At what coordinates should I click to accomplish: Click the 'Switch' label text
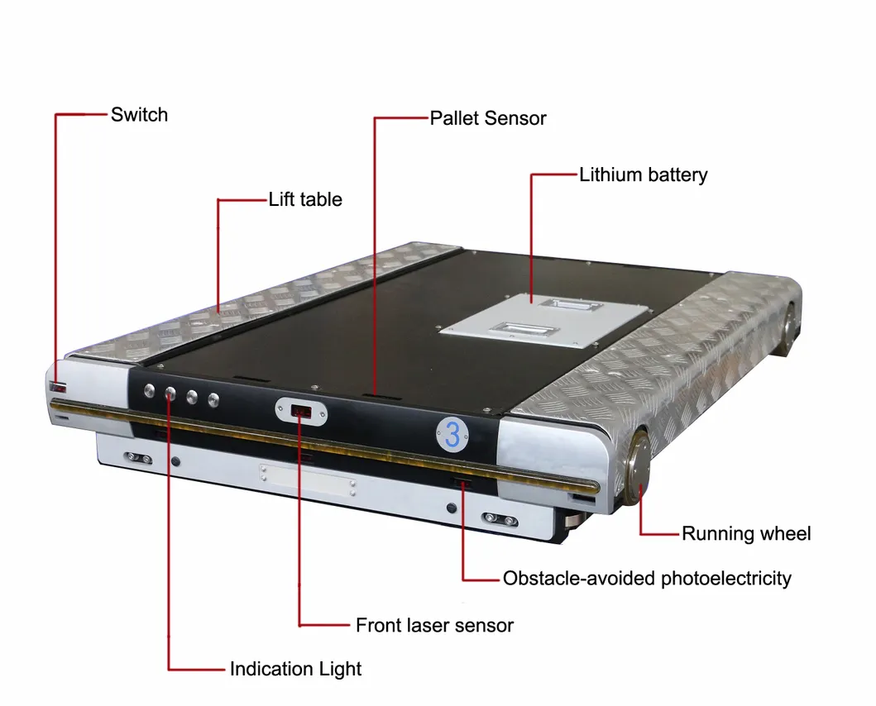(139, 115)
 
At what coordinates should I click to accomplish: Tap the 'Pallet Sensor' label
(488, 118)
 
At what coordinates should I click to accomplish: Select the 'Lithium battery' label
(643, 174)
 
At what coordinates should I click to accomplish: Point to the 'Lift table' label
(305, 199)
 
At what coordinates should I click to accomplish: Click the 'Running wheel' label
(746, 533)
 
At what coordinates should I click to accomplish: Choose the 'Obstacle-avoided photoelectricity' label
(647, 578)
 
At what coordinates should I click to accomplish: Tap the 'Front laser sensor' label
(434, 625)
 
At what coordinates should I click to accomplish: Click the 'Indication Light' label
(295, 669)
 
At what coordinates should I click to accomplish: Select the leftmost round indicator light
(149, 390)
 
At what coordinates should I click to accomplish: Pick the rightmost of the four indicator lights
(213, 400)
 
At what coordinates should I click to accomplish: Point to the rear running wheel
(788, 330)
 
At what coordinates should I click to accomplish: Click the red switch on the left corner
(58, 387)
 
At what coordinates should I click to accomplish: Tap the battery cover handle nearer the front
(519, 329)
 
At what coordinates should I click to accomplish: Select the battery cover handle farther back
(569, 305)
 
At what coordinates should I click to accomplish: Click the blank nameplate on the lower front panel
(307, 479)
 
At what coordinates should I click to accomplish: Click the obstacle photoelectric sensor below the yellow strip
(462, 482)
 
